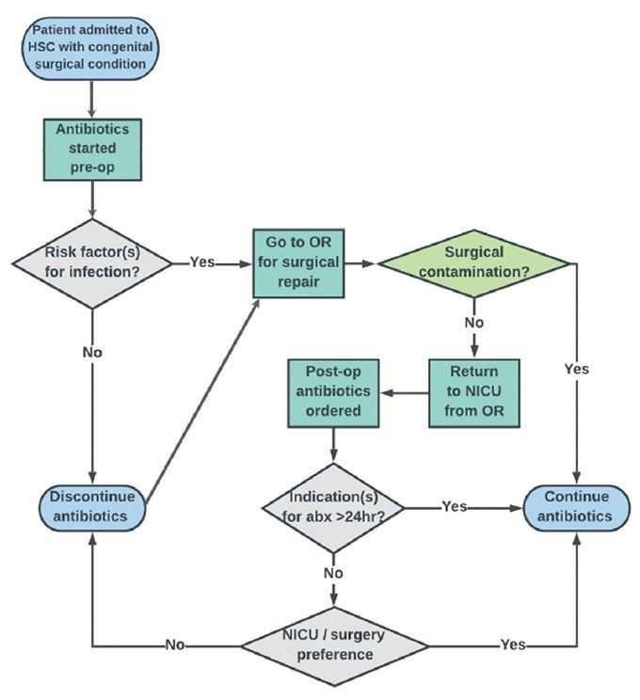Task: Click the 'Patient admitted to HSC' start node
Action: [x=92, y=46]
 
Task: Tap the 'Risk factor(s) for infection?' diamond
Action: [x=91, y=262]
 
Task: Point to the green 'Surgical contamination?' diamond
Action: [x=476, y=262]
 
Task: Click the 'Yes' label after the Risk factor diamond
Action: [x=201, y=262]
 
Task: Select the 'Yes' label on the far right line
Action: [x=575, y=370]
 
